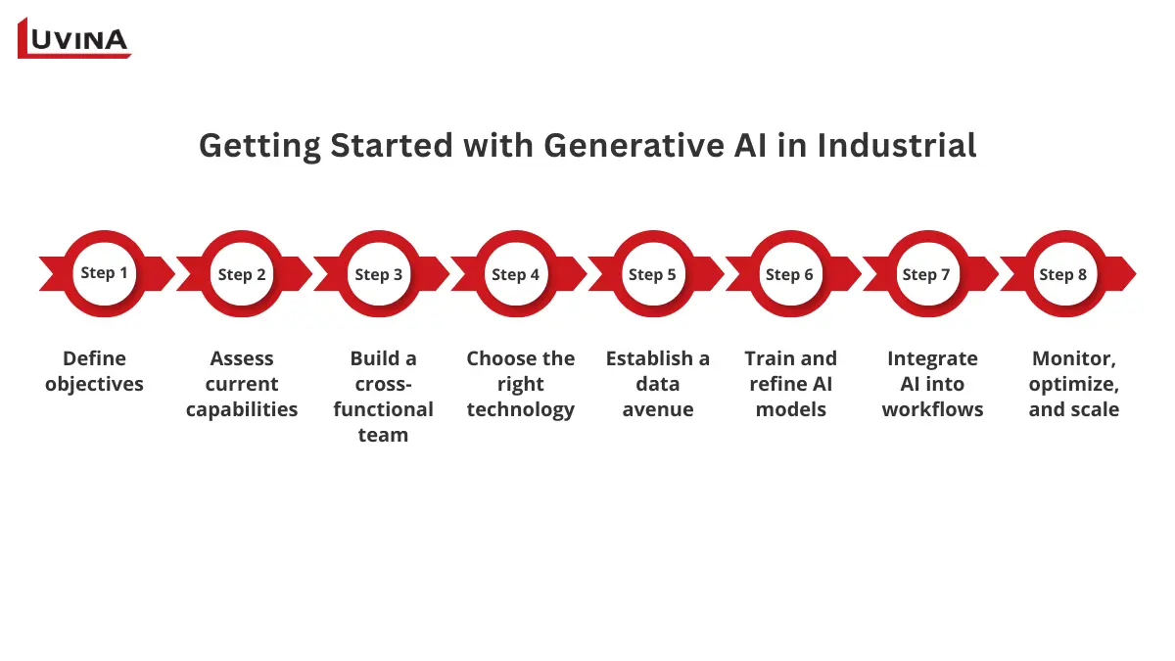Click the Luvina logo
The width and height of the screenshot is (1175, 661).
(x=74, y=38)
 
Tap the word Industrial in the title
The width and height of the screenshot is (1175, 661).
(x=897, y=145)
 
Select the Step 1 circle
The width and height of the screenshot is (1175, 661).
(x=104, y=273)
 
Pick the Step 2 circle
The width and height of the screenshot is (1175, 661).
(x=242, y=274)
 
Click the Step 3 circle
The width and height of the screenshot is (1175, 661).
(x=379, y=274)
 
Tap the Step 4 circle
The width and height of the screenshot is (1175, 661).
(x=516, y=274)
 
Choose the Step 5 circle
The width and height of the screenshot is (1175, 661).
(x=653, y=274)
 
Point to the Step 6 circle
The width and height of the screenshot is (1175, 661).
(x=790, y=274)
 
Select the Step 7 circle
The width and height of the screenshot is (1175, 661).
(x=926, y=274)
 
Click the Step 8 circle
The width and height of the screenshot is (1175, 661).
(x=1063, y=274)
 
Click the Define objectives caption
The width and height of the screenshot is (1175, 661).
(x=94, y=371)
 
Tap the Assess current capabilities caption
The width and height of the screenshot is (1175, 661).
(x=242, y=384)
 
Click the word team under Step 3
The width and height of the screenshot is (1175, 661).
(x=383, y=435)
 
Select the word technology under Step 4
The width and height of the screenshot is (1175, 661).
(x=520, y=409)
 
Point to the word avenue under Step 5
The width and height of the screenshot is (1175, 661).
(x=657, y=409)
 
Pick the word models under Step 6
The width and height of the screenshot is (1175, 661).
(x=790, y=409)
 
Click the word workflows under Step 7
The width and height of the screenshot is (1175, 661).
(x=931, y=409)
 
